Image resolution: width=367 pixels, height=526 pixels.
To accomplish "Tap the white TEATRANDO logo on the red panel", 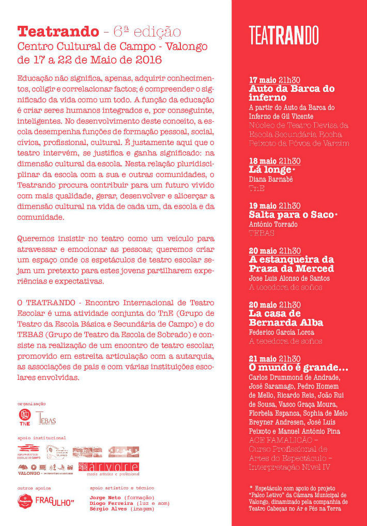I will tap(284, 35).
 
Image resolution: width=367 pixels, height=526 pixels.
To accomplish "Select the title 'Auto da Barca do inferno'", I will tap(292, 93).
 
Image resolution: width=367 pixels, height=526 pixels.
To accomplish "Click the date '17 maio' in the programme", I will tap(263, 80).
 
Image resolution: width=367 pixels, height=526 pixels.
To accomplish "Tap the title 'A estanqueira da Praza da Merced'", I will tap(292, 264).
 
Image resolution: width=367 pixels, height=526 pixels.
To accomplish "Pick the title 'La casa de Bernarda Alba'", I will tap(286, 318).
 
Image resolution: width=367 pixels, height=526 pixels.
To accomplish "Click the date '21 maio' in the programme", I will tap(263, 359).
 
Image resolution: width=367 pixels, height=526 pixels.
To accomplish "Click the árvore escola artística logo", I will tap(109, 468).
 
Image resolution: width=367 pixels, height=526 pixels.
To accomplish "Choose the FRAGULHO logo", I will tap(54, 501).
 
